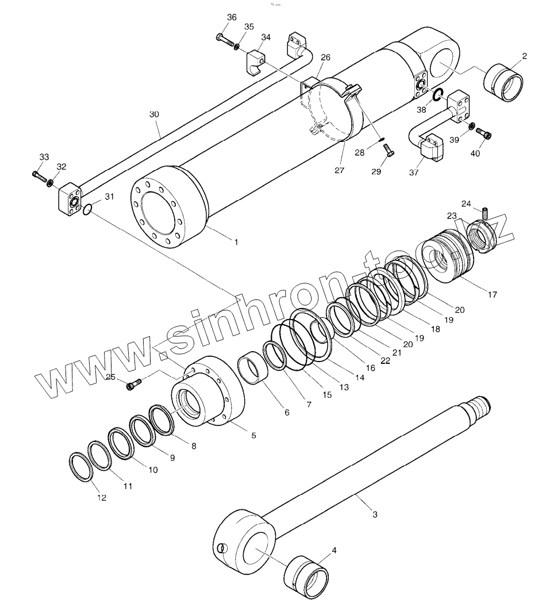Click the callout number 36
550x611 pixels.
coord(232,17)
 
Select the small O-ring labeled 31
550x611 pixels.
coord(86,210)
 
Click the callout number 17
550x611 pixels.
coord(493,295)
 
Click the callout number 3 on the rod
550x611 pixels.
coord(375,514)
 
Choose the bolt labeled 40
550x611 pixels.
coord(486,135)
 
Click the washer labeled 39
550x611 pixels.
coord(471,126)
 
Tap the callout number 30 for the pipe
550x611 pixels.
coord(153,114)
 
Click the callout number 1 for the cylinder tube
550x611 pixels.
coord(236,243)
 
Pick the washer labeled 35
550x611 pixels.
coord(237,45)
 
